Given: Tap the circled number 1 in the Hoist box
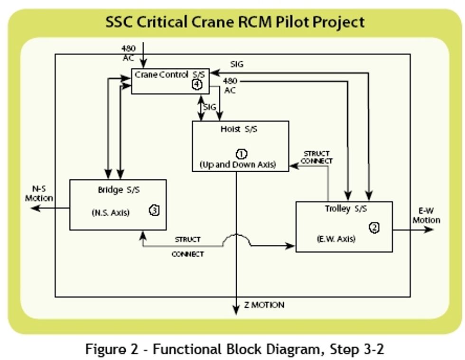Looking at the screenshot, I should point(242,154).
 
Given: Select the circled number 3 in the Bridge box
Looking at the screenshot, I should point(154,210).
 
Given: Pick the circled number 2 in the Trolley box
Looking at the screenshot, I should point(374,228).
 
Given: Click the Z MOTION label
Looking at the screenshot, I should point(264,305).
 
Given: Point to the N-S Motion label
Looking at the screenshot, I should point(39,194).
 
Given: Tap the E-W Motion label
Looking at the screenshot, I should point(426,216).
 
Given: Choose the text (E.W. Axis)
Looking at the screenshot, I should point(336,239).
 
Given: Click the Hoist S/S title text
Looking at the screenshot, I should point(239,129).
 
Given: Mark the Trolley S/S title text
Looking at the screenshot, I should point(346,209).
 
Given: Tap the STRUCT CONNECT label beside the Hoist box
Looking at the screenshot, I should point(316,157).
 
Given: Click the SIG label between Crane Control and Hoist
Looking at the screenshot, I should point(209,108).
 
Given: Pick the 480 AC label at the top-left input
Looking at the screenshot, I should point(129,53).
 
